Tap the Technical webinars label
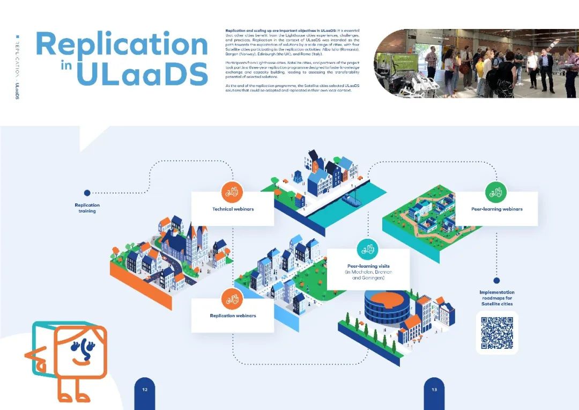233,209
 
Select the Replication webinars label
233,316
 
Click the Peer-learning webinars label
496,209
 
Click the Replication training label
87,208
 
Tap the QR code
497,333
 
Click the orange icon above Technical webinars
232,191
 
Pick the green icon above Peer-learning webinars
496,192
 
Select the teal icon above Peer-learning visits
368,249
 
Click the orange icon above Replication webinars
232,298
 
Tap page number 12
145,390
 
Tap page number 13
434,390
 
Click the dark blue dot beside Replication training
87,193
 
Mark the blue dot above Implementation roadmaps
496,280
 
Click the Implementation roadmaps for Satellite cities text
496,298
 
